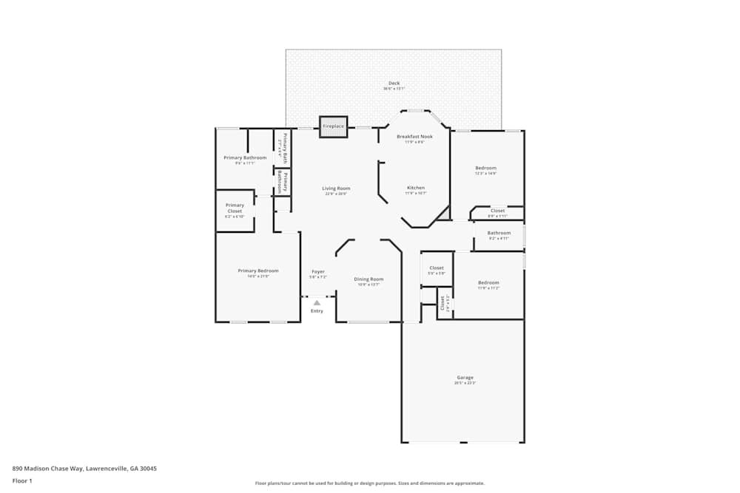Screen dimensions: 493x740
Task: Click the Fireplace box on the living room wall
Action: click(333, 126)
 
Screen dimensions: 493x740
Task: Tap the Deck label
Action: click(394, 83)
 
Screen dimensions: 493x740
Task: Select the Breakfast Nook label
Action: click(414, 137)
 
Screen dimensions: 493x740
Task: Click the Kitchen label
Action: click(416, 188)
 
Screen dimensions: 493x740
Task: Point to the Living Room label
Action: click(336, 188)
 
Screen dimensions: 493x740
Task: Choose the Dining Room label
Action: click(369, 279)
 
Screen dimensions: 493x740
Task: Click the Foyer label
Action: click(318, 272)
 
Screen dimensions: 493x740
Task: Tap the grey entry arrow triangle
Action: click(317, 302)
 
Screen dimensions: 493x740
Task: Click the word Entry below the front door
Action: click(317, 311)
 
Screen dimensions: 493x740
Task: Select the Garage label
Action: click(465, 378)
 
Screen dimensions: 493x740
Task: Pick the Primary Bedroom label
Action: click(258, 271)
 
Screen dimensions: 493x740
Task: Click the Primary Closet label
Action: click(235, 208)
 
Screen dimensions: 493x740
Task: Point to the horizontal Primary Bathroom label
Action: click(245, 158)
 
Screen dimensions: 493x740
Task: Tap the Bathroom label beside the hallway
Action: click(499, 234)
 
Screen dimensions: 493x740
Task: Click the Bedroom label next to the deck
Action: click(485, 169)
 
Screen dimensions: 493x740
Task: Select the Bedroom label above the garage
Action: click(488, 283)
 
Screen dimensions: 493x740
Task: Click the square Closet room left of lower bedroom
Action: click(437, 268)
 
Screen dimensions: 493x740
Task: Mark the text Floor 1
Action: click(22, 480)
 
